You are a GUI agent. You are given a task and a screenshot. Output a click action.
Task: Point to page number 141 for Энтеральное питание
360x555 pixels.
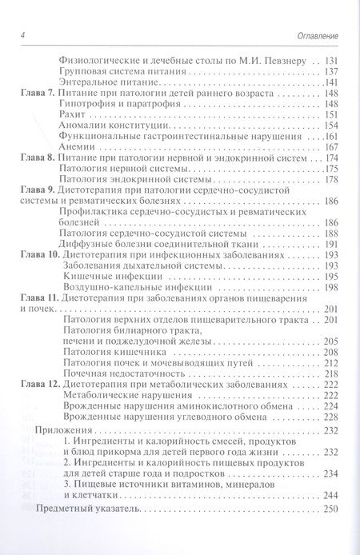pyautogui.click(x=331, y=84)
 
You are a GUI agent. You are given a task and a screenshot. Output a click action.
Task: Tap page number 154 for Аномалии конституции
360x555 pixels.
pyautogui.click(x=331, y=126)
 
